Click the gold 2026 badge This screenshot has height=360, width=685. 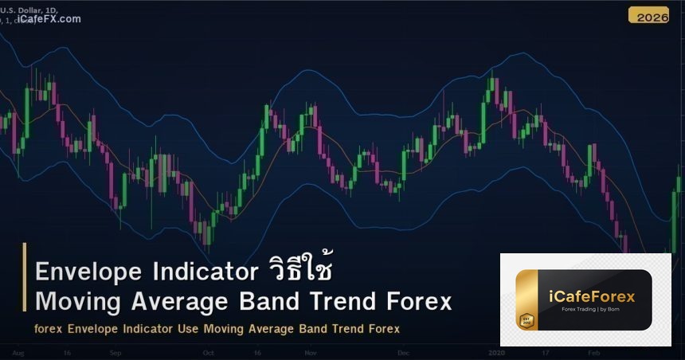click(x=648, y=15)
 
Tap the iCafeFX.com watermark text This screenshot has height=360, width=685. click(x=49, y=19)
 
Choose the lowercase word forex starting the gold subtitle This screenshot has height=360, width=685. click(x=49, y=328)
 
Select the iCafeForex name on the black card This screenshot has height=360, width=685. click(x=593, y=297)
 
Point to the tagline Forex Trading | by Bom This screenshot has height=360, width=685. click(x=593, y=311)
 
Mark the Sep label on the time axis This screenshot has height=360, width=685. click(x=115, y=351)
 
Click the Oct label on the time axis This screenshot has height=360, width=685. click(x=209, y=351)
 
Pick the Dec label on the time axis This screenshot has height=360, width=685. click(x=402, y=351)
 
